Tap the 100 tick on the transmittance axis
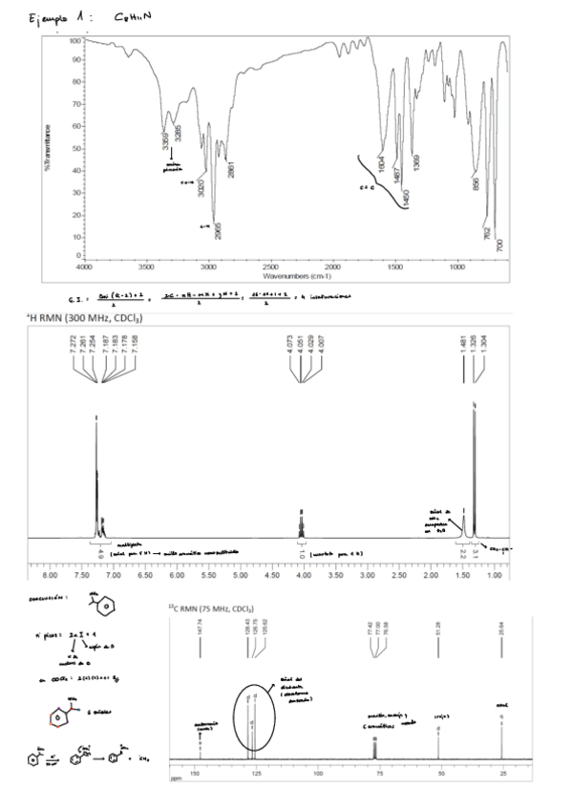tap(76, 41)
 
